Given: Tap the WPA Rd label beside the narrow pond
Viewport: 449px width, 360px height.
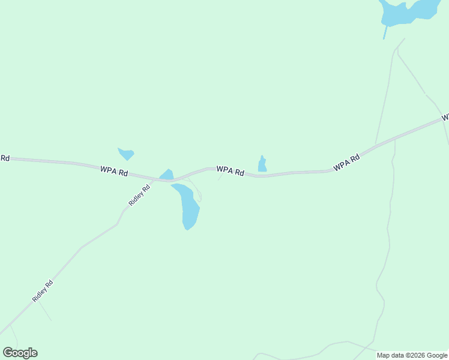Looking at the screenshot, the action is tap(231, 171).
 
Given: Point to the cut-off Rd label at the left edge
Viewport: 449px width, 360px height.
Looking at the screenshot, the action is tap(5, 158).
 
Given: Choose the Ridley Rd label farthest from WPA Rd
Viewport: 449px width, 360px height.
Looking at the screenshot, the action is tap(43, 292).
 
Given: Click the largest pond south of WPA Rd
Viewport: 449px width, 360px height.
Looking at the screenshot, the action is tap(188, 207).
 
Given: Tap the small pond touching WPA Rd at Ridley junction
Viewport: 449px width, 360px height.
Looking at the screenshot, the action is tap(167, 175).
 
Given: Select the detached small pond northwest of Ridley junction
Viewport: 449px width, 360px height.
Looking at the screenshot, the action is tap(126, 154).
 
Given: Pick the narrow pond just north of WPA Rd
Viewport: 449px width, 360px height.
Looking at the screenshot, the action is tap(262, 165).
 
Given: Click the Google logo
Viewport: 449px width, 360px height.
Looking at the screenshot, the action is tap(20, 353).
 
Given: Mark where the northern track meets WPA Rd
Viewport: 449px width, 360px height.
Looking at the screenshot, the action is tap(376, 145).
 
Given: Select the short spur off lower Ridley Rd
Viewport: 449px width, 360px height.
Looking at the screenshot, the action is tap(45, 311).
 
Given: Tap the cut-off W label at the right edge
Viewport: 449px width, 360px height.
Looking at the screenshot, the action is tap(445, 118).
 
